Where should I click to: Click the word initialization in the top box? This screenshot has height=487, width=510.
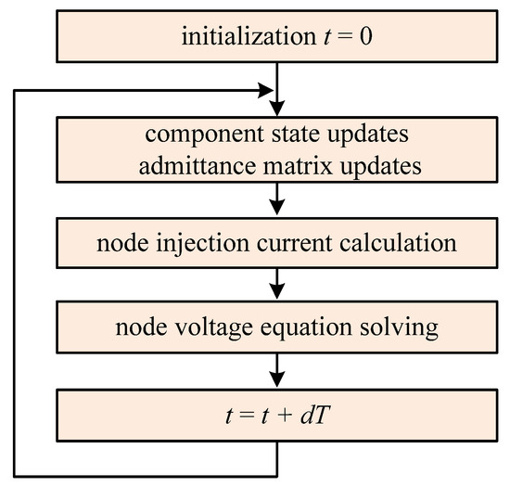(x=249, y=36)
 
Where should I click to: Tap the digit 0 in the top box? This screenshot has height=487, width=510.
(x=366, y=36)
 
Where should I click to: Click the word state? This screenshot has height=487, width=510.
(x=295, y=134)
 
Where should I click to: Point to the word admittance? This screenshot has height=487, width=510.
(x=198, y=166)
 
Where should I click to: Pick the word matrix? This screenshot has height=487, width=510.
(x=298, y=166)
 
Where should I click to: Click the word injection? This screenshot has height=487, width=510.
(x=203, y=244)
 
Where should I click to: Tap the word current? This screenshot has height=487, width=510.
(x=294, y=244)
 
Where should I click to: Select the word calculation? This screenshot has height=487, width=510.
(x=398, y=243)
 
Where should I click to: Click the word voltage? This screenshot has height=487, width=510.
(x=214, y=328)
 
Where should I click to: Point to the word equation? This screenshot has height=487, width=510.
(x=306, y=328)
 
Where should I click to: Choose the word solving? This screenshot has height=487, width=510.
(x=399, y=328)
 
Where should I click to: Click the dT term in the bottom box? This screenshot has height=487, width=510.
(x=315, y=416)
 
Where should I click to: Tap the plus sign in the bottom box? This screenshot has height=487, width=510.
(x=285, y=417)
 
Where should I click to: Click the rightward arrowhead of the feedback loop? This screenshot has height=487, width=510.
(x=266, y=90)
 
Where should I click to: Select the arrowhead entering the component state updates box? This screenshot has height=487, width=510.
(x=277, y=108)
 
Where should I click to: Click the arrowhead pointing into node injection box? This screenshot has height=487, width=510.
(x=277, y=207)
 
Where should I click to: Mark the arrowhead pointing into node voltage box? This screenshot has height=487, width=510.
(x=277, y=291)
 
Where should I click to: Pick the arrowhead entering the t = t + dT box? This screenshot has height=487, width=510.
(x=277, y=379)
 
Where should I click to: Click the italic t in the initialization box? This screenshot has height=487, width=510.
(x=328, y=37)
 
